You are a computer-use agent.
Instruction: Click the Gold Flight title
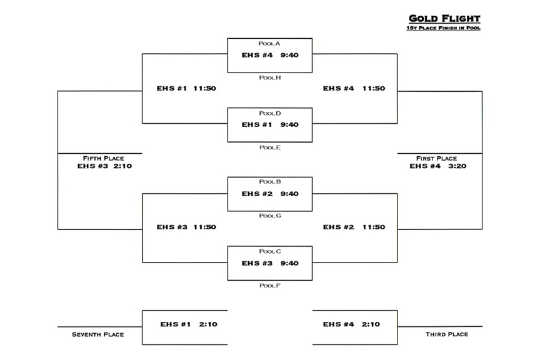click(444, 19)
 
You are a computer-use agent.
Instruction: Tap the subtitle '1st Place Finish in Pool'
click(443, 28)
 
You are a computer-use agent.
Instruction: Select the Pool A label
click(269, 43)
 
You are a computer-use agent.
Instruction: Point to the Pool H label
click(270, 78)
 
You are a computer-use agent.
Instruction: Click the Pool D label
click(270, 113)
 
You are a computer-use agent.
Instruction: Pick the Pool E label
click(270, 147)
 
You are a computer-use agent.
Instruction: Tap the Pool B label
click(270, 181)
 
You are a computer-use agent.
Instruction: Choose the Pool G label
click(270, 216)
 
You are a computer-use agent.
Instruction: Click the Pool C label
click(270, 251)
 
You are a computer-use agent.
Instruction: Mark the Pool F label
click(270, 286)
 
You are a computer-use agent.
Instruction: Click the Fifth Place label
click(103, 159)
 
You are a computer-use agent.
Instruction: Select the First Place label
click(436, 159)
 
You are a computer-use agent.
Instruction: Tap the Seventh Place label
click(97, 334)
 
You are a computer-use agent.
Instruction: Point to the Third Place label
click(447, 334)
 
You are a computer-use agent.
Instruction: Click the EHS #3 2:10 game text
click(104, 166)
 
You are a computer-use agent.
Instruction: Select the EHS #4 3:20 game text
click(437, 166)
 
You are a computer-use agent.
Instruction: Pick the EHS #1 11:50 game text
click(186, 89)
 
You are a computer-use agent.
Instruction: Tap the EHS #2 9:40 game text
click(270, 194)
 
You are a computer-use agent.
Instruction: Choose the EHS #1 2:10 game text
click(189, 324)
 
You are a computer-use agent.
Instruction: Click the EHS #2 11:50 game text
click(354, 227)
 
